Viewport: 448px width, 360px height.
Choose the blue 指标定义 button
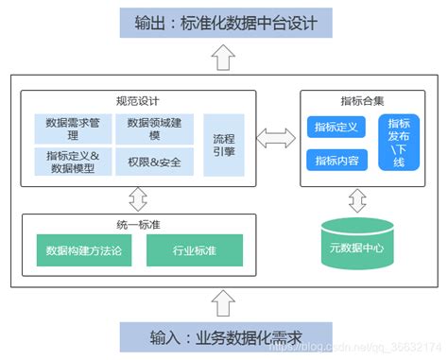[x=336, y=128]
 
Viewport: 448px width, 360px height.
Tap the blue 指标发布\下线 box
[x=398, y=143]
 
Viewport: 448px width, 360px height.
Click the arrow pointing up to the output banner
[x=223, y=58]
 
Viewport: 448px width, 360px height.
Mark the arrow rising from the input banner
[x=223, y=302]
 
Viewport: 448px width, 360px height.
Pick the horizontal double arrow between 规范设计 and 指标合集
[x=275, y=140]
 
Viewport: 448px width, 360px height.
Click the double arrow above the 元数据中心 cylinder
[x=357, y=200]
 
